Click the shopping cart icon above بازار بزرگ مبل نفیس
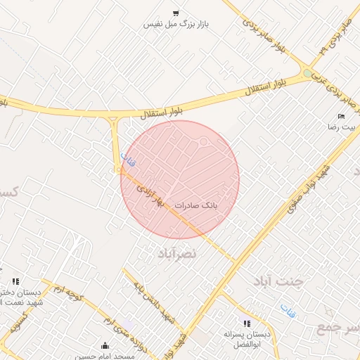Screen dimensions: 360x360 176,13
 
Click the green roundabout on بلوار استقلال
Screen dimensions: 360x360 307,72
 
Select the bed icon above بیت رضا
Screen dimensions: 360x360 341,117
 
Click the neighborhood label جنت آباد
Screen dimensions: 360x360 278,281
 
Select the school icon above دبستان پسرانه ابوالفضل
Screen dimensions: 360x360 246,323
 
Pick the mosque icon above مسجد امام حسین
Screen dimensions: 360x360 105,345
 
